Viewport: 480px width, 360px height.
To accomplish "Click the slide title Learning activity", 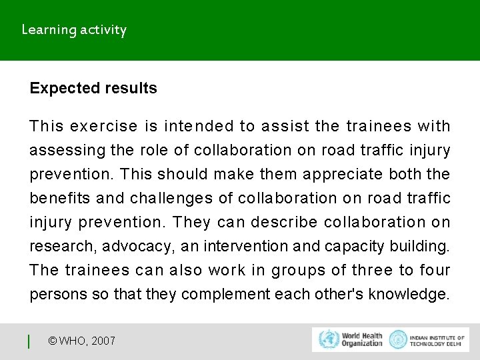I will coord(74,30).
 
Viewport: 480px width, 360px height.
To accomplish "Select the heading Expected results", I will coord(93,89).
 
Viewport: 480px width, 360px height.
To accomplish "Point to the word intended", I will coord(208,126).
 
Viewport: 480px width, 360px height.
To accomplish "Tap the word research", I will coord(63,246).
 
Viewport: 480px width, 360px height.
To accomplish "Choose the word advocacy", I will coord(139,246).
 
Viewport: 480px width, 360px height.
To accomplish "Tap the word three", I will coord(372,270).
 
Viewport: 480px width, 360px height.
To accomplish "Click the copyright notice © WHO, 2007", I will coord(81,341).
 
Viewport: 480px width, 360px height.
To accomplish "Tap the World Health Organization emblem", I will coord(329,339).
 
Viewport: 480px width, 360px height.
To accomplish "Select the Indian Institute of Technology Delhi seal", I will coord(398,339).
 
